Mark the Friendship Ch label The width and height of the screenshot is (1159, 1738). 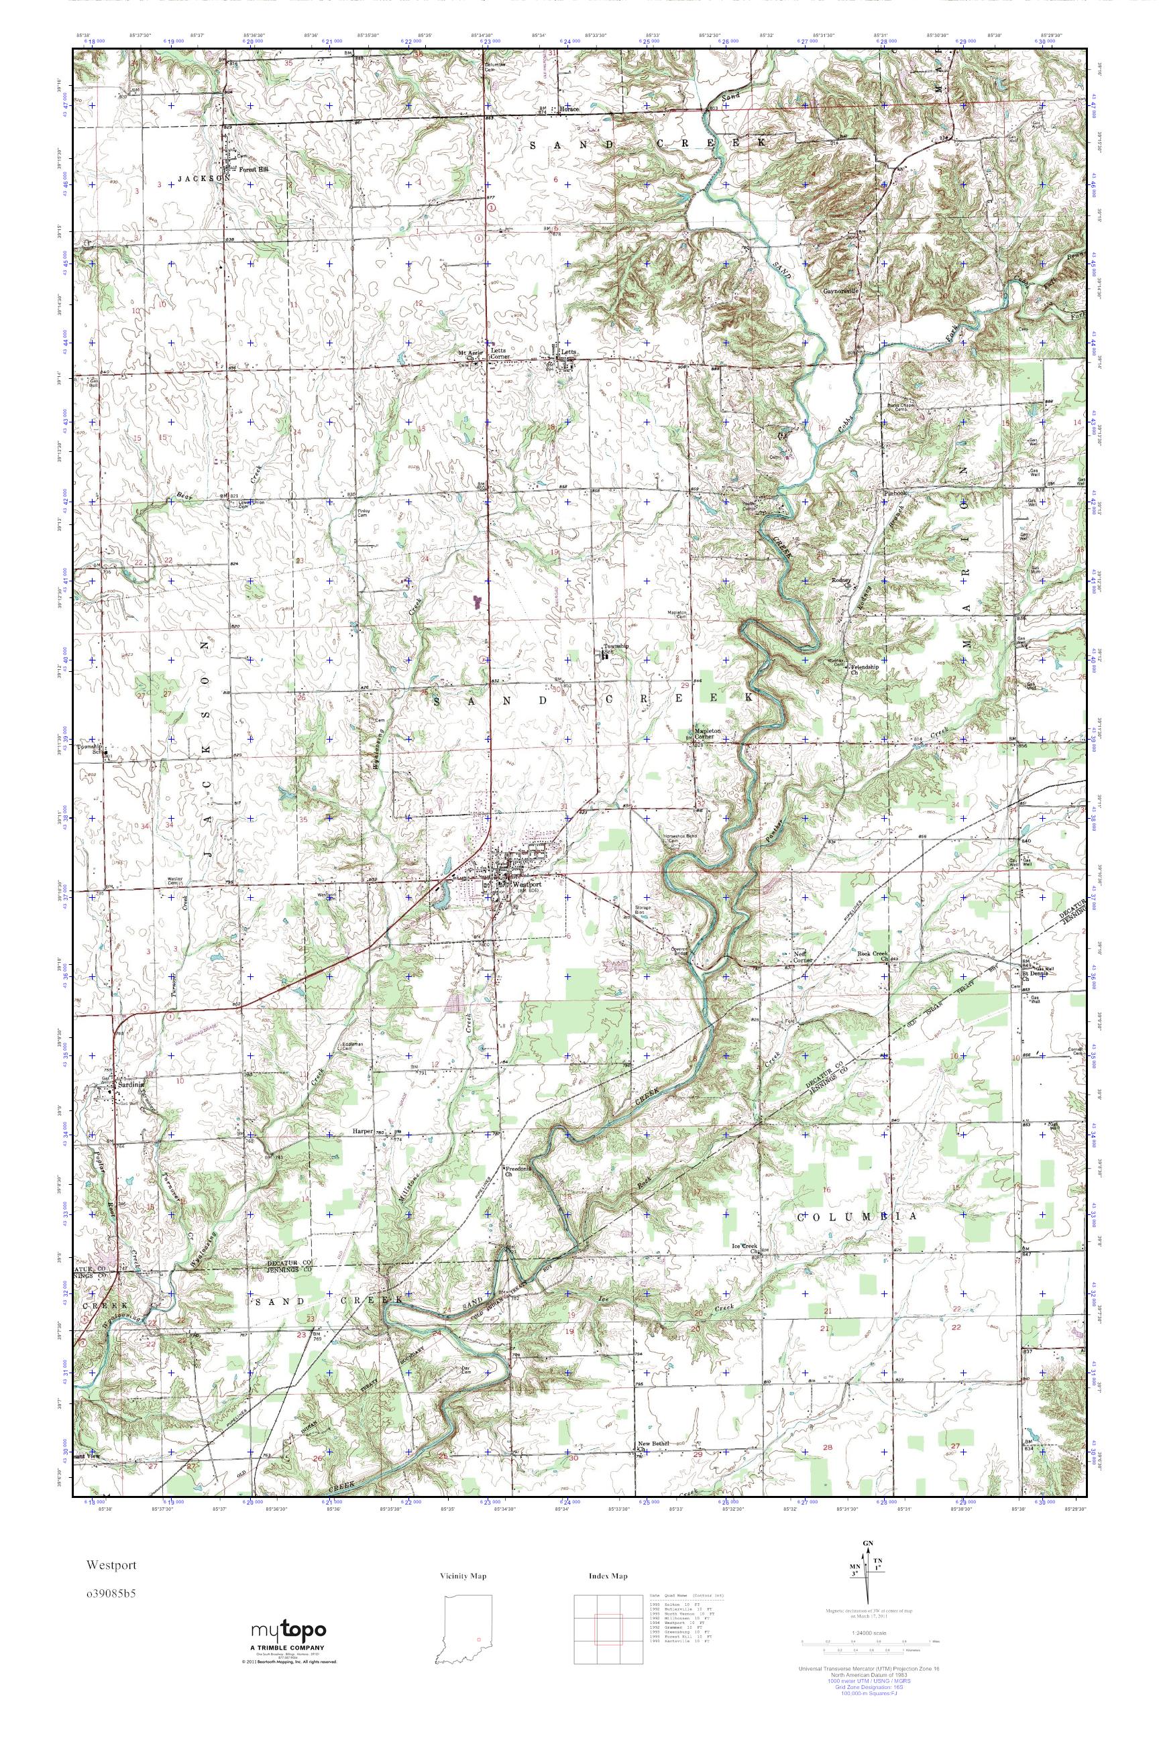pyautogui.click(x=863, y=669)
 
